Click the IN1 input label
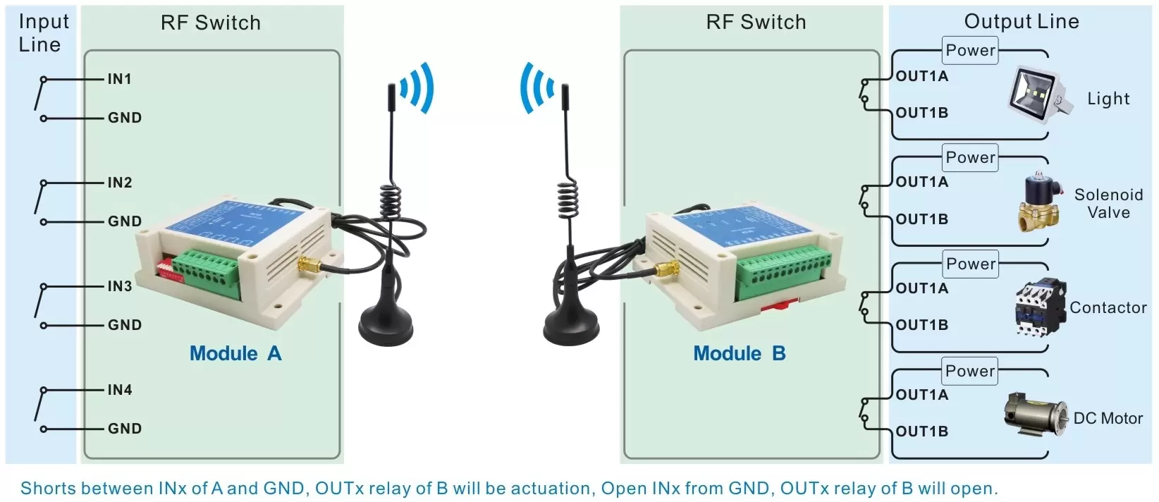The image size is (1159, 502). [119, 79]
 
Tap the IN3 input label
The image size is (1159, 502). [119, 286]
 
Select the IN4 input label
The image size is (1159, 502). [119, 390]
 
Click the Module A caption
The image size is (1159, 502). [235, 353]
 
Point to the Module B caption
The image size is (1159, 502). [740, 353]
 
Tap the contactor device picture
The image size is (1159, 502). [1040, 308]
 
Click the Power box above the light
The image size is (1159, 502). [971, 51]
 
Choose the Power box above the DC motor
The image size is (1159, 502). [971, 371]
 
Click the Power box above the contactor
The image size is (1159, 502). [971, 264]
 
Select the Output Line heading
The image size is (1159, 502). [1022, 22]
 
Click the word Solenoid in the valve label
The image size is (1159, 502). [1108, 195]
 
